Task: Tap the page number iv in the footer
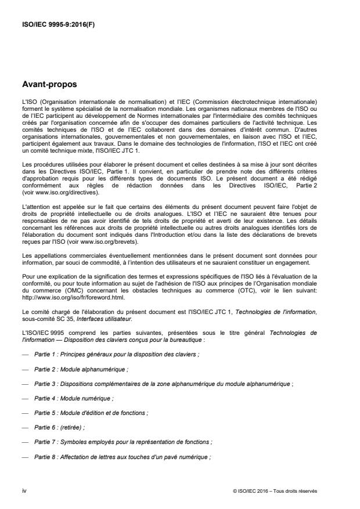24,490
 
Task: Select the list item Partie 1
116,353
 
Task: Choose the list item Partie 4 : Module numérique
74,398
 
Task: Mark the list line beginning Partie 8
122,457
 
